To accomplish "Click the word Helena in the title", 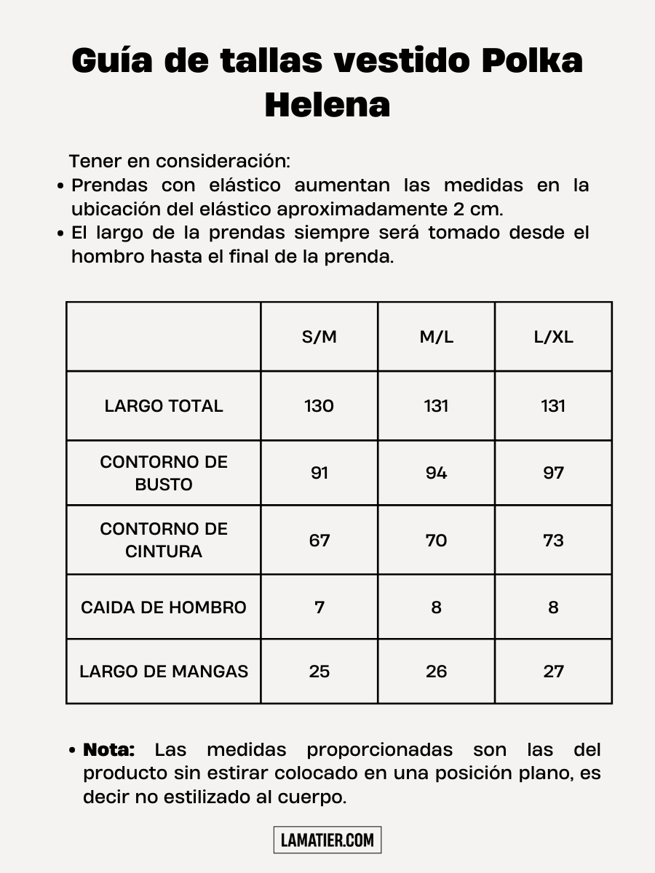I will click(x=327, y=105).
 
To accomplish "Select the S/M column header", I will click(x=319, y=338).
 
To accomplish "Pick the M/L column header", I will click(x=436, y=338).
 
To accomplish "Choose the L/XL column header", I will click(x=553, y=338).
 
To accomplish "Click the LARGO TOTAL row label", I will click(x=164, y=406).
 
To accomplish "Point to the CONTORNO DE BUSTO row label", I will click(x=164, y=473).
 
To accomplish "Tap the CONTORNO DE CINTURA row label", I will click(x=164, y=540).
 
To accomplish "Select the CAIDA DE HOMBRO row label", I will click(x=164, y=607).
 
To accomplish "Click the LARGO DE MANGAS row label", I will click(x=164, y=671).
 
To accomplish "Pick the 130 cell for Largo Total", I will click(x=319, y=406).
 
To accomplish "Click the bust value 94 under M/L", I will click(x=436, y=473).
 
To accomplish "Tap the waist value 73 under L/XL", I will click(x=553, y=541).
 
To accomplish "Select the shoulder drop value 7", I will click(x=319, y=607).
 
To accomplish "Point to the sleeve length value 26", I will click(x=436, y=671).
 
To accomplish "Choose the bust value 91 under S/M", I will click(x=319, y=473).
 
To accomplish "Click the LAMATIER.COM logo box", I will click(x=327, y=840).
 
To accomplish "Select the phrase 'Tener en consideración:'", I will click(x=180, y=161).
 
